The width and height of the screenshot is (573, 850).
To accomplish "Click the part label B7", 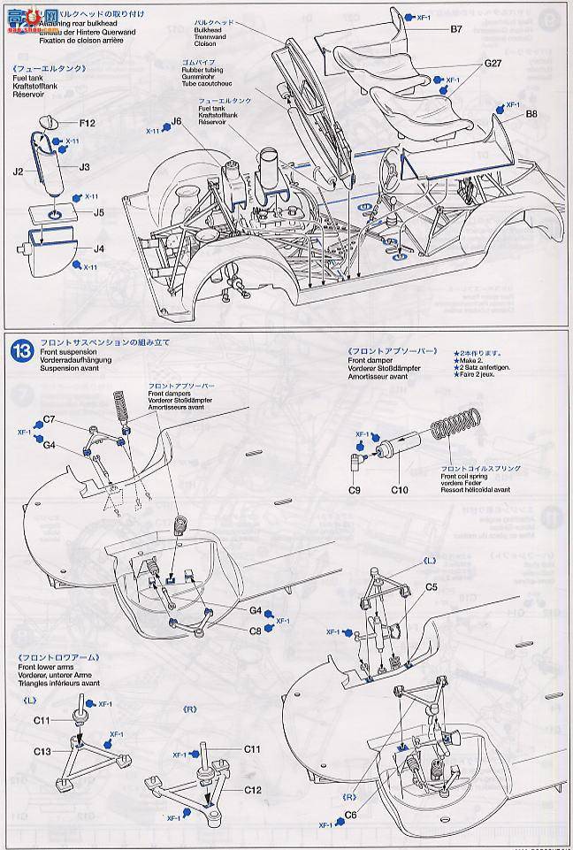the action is click(x=455, y=30).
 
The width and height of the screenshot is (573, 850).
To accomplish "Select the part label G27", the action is click(x=493, y=64).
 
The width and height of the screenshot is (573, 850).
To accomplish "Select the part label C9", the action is click(x=355, y=489).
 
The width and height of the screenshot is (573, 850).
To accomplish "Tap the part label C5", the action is click(x=432, y=586).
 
